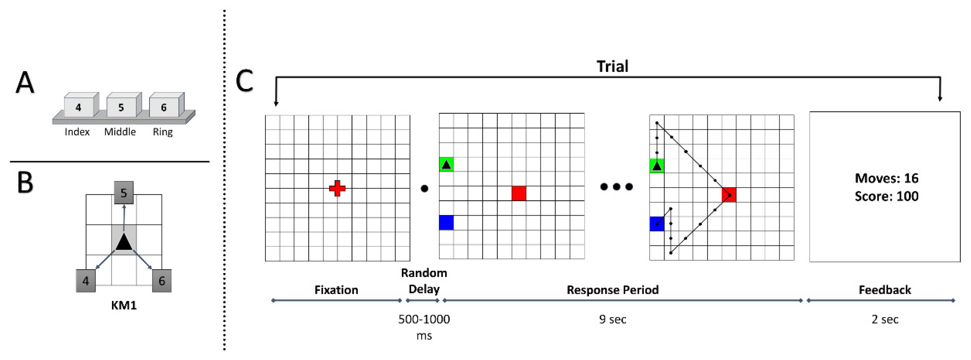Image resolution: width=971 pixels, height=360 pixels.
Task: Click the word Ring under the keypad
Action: [163, 132]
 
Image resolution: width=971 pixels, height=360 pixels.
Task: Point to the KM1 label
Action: [124, 305]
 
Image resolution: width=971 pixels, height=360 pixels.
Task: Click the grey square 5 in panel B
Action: [124, 193]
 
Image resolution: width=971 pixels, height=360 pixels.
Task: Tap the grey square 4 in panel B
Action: [86, 281]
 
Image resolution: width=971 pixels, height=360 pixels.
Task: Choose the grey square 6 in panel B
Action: [162, 281]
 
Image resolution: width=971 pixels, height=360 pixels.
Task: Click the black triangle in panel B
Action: [124, 242]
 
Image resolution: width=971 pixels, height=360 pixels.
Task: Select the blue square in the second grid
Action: [446, 223]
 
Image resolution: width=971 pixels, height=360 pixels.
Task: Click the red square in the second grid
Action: [519, 193]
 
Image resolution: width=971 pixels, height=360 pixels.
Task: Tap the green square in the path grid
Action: [657, 166]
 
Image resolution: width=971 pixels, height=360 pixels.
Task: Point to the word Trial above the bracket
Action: [612, 66]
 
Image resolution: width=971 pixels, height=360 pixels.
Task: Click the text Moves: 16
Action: [886, 178]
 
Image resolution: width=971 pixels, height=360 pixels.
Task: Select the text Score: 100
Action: [886, 196]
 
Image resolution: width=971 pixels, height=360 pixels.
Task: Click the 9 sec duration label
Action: [612, 319]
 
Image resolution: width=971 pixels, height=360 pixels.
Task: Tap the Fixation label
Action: [336, 290]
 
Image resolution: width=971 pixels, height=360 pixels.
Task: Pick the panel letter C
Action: [244, 81]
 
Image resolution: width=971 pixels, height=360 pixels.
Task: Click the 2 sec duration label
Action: [885, 319]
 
